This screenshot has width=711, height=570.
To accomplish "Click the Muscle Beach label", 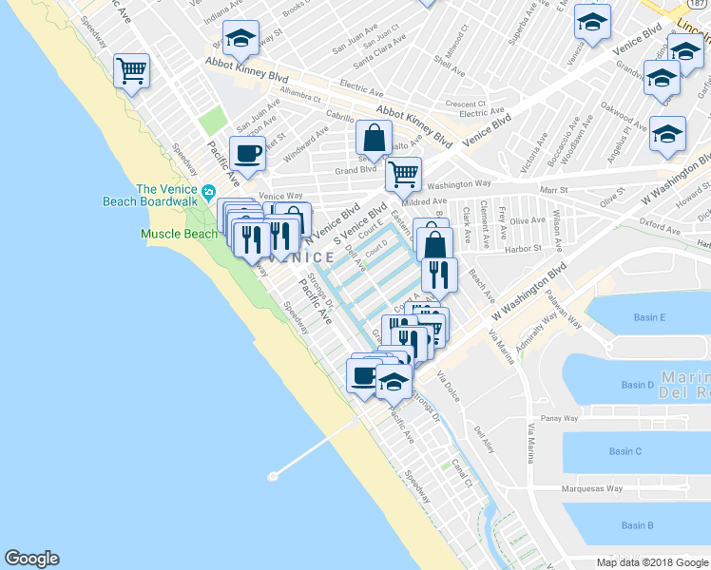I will point(179,234).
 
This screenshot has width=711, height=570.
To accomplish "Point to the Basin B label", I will point(637,525).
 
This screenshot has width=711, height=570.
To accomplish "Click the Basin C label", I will point(625,451).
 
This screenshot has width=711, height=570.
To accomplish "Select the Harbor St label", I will point(524,248).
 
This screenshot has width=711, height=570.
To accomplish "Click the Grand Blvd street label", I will point(355,171).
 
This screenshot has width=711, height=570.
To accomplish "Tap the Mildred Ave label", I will point(424,201).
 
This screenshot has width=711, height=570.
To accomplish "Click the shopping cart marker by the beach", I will point(131,69).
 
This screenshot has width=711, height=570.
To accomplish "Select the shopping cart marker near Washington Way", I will point(403,174).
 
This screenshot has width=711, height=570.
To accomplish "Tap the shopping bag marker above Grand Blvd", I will point(375,138).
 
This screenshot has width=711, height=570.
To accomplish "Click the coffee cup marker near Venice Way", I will point(249,153).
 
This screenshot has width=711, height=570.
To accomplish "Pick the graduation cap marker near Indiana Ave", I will point(241,39).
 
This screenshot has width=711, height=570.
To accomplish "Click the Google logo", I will point(31,559).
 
